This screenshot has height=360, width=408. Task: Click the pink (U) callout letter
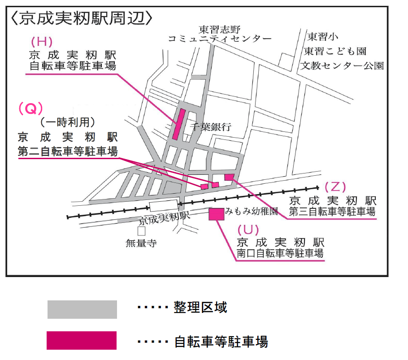[248, 230]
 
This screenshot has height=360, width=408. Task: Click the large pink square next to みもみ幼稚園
[217, 214]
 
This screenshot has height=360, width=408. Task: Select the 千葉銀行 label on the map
[210, 127]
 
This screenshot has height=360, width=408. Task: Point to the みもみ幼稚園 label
[252, 210]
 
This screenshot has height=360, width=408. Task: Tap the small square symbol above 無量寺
[141, 231]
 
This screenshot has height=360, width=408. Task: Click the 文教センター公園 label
[342, 65]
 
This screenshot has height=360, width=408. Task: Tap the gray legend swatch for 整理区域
[82, 309]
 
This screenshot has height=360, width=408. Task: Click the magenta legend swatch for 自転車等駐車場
[82, 340]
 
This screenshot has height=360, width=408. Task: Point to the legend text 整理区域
[200, 308]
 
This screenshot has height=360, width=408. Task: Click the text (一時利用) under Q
[68, 121]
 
